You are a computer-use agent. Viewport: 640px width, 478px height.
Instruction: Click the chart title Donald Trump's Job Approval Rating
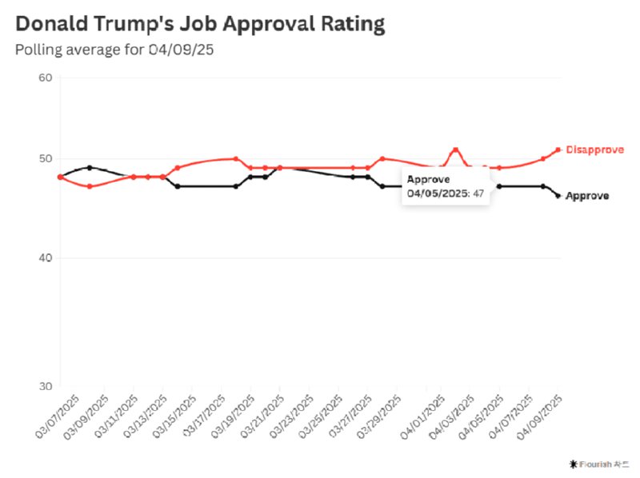point(200,24)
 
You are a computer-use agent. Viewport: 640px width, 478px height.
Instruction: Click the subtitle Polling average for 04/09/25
point(115,49)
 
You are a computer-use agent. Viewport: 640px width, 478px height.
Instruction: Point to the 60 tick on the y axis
point(45,78)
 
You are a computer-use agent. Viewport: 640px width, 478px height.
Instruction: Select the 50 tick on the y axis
point(45,158)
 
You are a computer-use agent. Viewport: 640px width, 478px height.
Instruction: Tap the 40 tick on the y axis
point(45,258)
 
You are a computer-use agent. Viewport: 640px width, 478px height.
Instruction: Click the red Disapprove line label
point(594,149)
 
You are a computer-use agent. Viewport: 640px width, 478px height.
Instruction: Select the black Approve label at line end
point(586,196)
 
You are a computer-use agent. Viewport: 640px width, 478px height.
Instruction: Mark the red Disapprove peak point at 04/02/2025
point(455,149)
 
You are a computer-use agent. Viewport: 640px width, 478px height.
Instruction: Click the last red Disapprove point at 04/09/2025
point(558,149)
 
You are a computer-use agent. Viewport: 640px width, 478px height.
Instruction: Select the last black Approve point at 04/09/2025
point(558,195)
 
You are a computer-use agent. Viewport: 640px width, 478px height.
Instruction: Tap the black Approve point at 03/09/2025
point(90,167)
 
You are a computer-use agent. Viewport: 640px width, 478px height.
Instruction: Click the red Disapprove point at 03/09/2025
point(90,186)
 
